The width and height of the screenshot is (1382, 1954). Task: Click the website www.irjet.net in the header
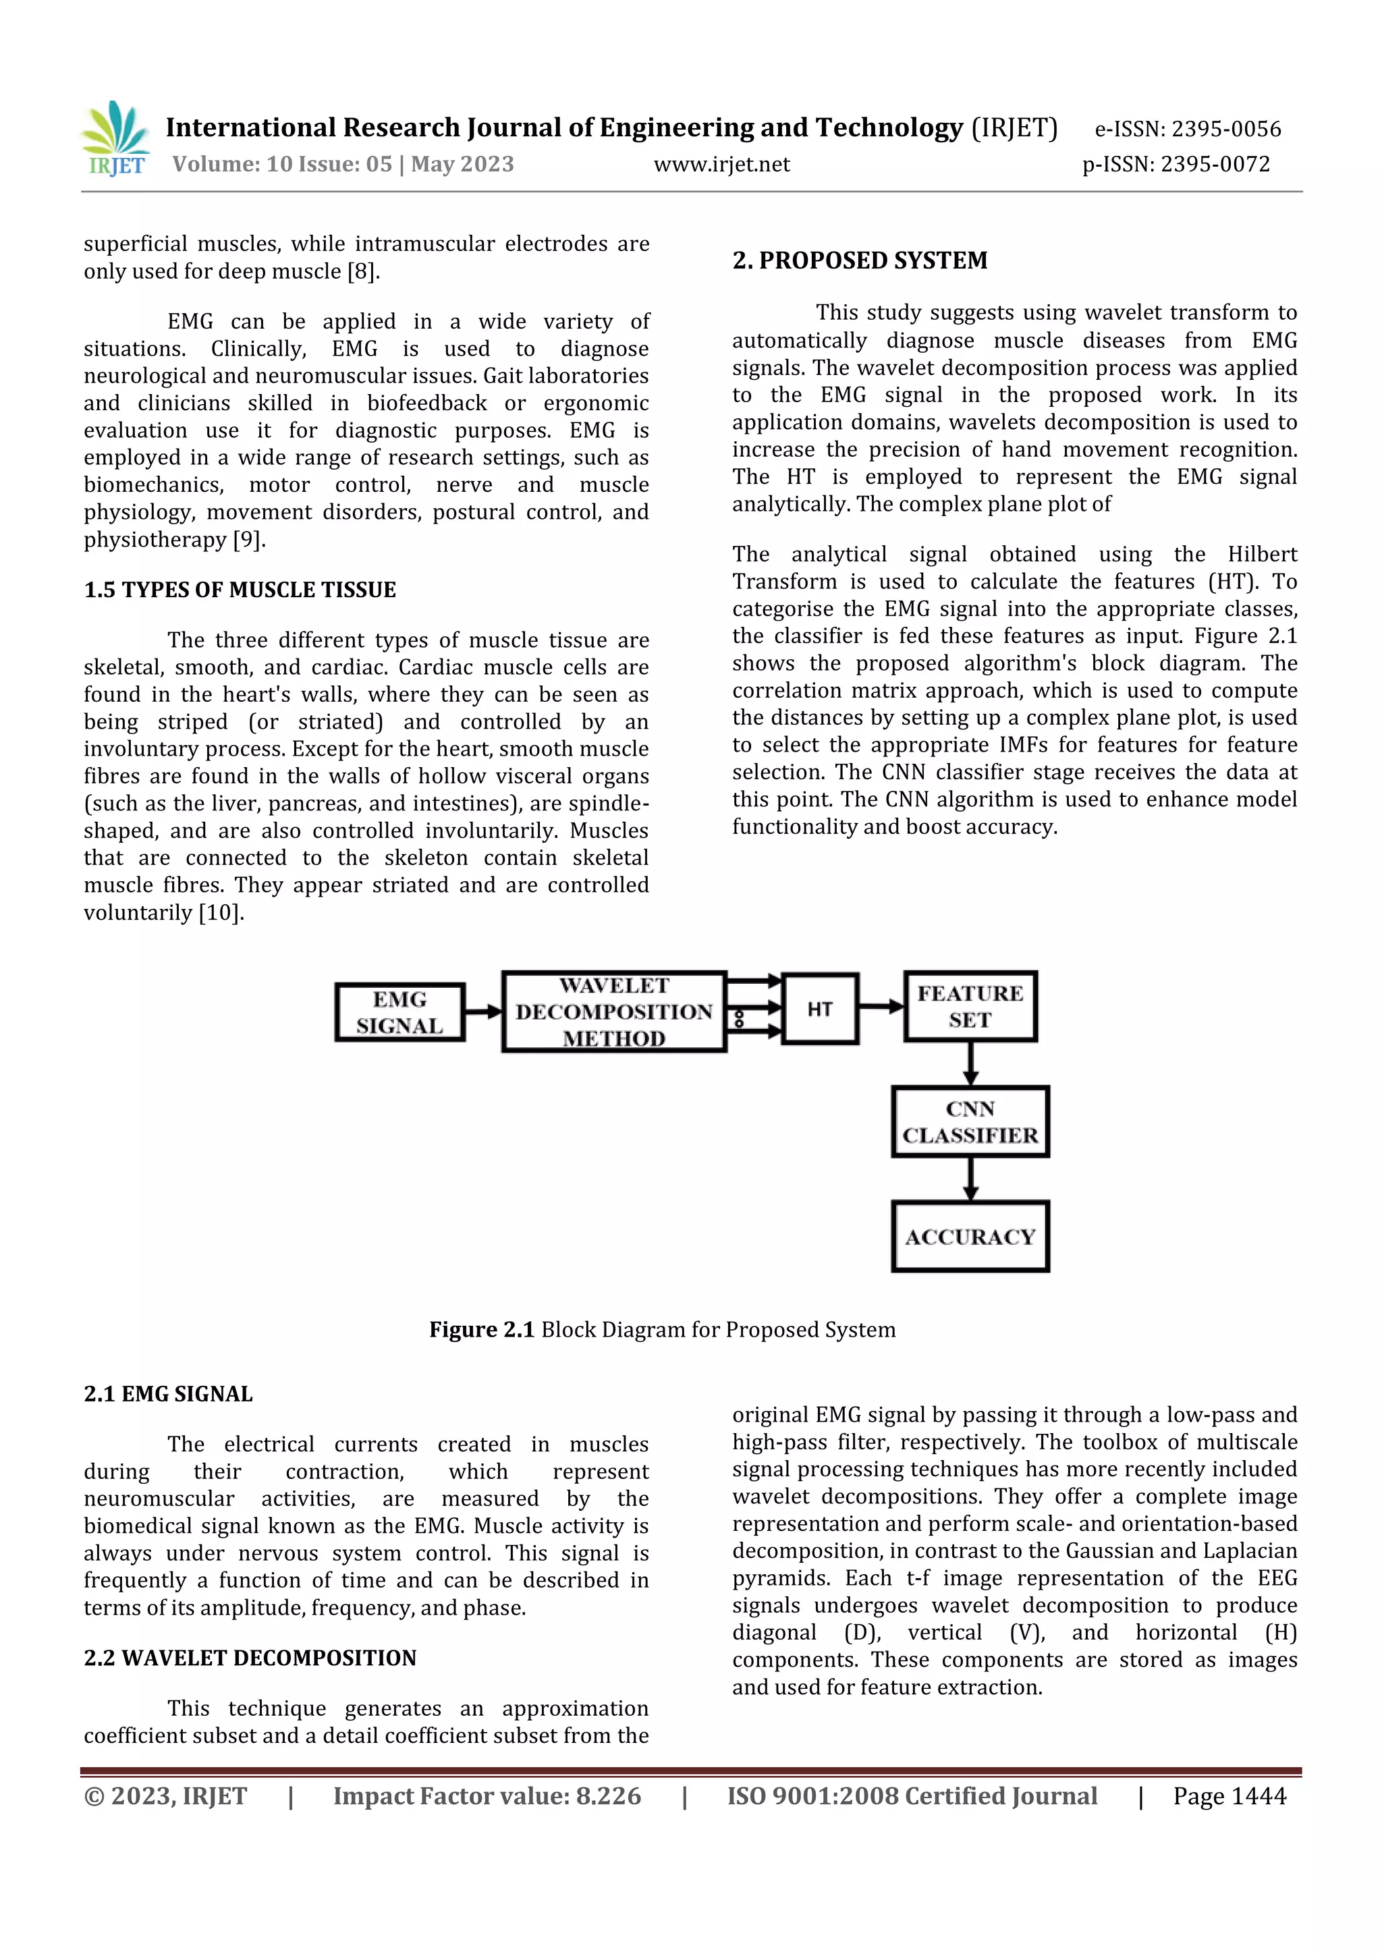point(721,164)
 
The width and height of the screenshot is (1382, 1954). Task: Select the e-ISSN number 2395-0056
point(1225,130)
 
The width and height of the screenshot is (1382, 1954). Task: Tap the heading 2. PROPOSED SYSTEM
point(860,260)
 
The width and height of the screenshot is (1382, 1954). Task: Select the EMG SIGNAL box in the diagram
point(400,1012)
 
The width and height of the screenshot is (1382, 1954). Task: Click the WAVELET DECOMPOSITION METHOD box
point(613,1012)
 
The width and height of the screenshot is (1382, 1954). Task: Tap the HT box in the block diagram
point(819,1009)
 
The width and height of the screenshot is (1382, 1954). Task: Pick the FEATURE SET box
point(970,1007)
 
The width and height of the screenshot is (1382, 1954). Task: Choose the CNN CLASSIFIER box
point(970,1121)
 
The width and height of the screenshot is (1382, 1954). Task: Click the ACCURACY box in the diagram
point(970,1237)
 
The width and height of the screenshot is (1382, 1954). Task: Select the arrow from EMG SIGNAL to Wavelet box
point(483,1012)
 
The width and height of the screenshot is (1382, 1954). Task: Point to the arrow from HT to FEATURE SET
point(881,1007)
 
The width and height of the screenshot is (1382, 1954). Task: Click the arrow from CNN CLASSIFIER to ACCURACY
point(970,1179)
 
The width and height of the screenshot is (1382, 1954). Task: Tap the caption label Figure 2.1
point(481,1330)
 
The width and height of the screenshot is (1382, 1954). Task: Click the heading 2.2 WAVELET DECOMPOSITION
point(250,1658)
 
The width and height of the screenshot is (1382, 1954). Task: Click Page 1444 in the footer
point(1229,1797)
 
